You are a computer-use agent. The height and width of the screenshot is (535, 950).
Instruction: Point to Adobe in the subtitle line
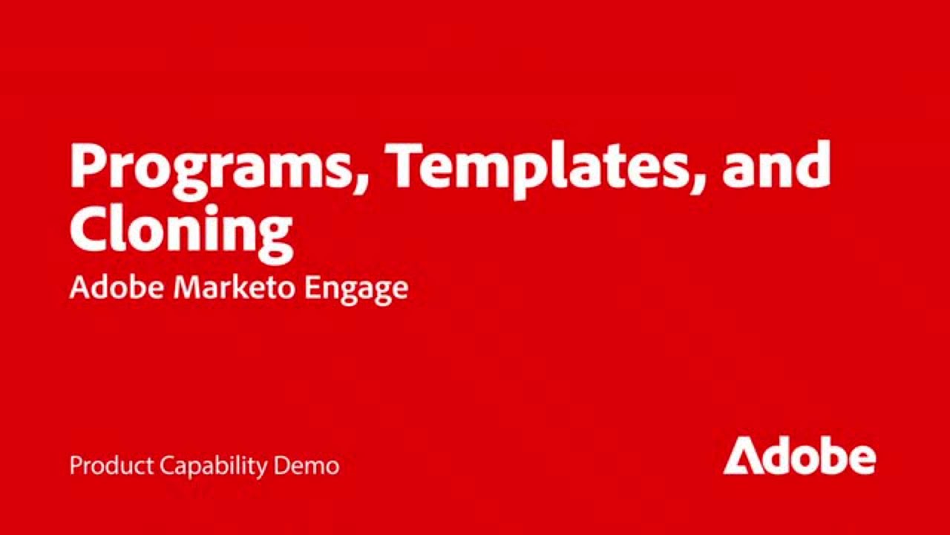(117, 288)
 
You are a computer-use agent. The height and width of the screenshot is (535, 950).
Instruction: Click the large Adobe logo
(799, 455)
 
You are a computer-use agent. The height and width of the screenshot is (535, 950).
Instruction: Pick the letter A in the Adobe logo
(741, 457)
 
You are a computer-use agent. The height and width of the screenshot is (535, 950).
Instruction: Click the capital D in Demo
(281, 466)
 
